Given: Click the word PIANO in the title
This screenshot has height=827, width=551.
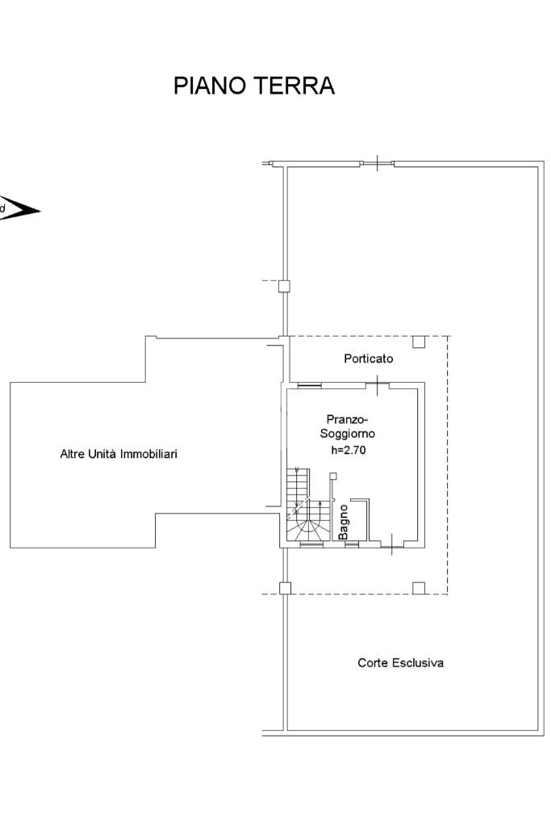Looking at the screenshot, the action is [209, 86].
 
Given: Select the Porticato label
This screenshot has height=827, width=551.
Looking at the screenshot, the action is [368, 359].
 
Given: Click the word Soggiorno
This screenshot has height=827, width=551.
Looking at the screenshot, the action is [348, 434].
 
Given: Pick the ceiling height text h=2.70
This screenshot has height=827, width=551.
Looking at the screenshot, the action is [349, 450].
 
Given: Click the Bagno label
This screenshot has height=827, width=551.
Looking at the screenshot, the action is [344, 523].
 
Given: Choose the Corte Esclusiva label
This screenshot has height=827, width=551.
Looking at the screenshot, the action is [400, 663].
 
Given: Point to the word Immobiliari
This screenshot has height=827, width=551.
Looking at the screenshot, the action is [148, 454].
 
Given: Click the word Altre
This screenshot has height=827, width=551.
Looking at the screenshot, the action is [71, 454].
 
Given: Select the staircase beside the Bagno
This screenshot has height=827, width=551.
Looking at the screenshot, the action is [305, 505].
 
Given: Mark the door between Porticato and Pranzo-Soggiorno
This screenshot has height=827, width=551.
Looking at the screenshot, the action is [378, 384].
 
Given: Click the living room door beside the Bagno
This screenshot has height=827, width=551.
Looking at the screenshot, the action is [392, 544].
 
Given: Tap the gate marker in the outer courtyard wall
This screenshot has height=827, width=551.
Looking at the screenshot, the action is [378, 163].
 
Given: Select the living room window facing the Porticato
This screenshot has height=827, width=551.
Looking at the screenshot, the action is [309, 385].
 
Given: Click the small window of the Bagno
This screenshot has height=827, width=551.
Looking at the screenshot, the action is [352, 544].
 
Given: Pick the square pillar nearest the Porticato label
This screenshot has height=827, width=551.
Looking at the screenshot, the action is [419, 342].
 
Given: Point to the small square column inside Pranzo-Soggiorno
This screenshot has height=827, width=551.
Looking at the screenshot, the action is [333, 476].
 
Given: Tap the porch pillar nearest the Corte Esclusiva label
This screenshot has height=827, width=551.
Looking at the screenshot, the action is [419, 588].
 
